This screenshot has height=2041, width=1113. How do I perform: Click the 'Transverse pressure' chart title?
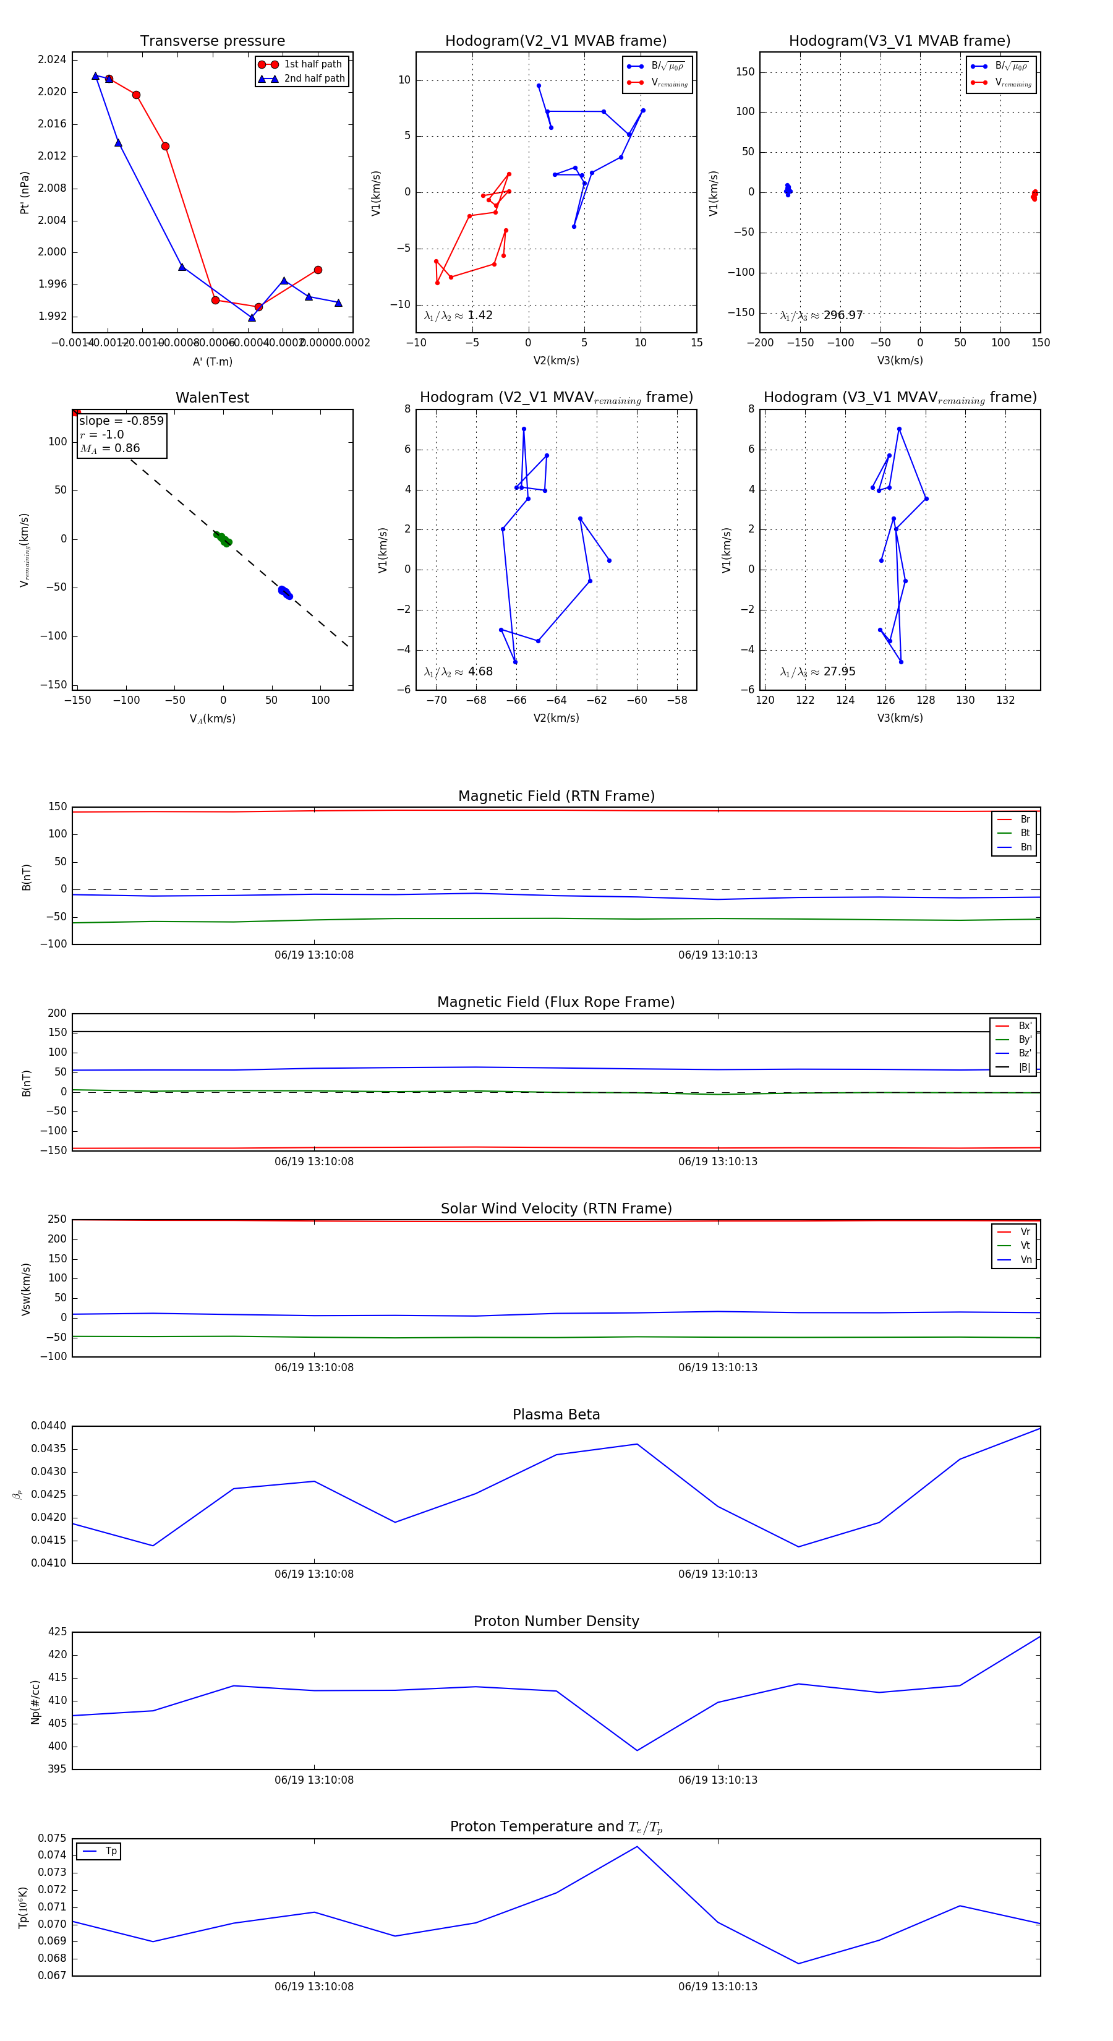pos(212,41)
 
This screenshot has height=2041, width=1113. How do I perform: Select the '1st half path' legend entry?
pos(312,64)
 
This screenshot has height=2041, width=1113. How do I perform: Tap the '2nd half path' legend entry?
pos(313,79)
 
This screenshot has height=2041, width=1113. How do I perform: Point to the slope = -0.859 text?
pos(121,421)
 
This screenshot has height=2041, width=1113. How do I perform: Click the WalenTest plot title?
pos(212,398)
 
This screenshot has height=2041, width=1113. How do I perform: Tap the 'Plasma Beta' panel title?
pos(556,1414)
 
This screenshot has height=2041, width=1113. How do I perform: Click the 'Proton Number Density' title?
pos(556,1621)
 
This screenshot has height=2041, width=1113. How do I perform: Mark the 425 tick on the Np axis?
pos(57,1632)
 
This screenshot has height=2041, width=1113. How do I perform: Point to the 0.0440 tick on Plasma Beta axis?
pos(48,1426)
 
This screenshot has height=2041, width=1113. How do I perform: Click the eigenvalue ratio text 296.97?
pos(842,315)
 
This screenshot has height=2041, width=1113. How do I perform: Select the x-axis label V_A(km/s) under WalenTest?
pos(212,719)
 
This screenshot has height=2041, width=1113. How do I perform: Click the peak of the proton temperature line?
pos(637,1847)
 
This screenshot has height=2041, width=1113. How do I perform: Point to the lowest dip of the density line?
pos(637,1750)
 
